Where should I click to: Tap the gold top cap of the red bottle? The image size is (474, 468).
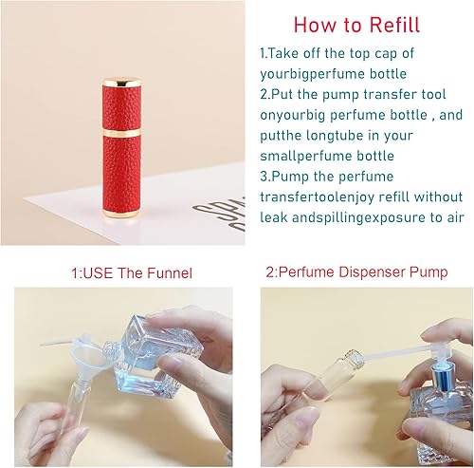96,76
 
